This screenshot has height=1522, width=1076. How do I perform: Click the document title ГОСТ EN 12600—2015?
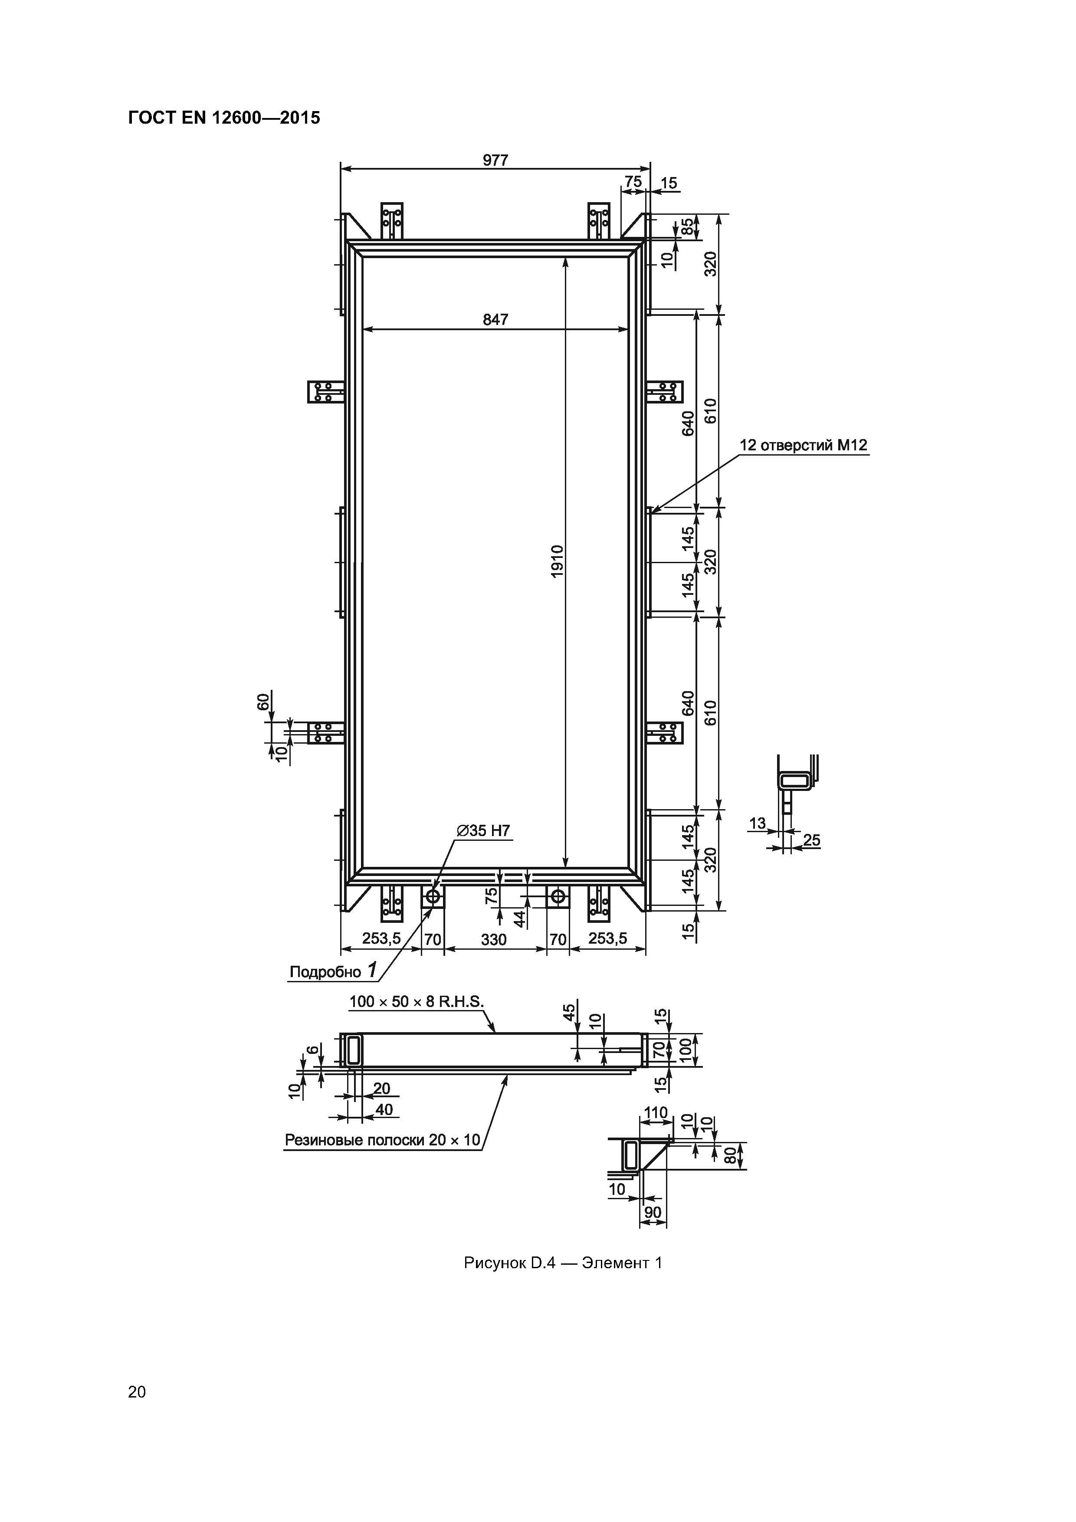(224, 118)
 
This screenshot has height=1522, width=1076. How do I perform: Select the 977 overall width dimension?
(495, 161)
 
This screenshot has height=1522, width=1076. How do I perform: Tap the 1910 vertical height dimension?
(557, 561)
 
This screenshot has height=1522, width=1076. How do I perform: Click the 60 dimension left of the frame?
(264, 701)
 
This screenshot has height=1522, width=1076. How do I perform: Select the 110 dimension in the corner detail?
(656, 1113)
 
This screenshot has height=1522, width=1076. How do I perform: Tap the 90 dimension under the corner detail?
(653, 1212)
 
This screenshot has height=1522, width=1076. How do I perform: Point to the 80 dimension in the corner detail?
(730, 1155)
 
